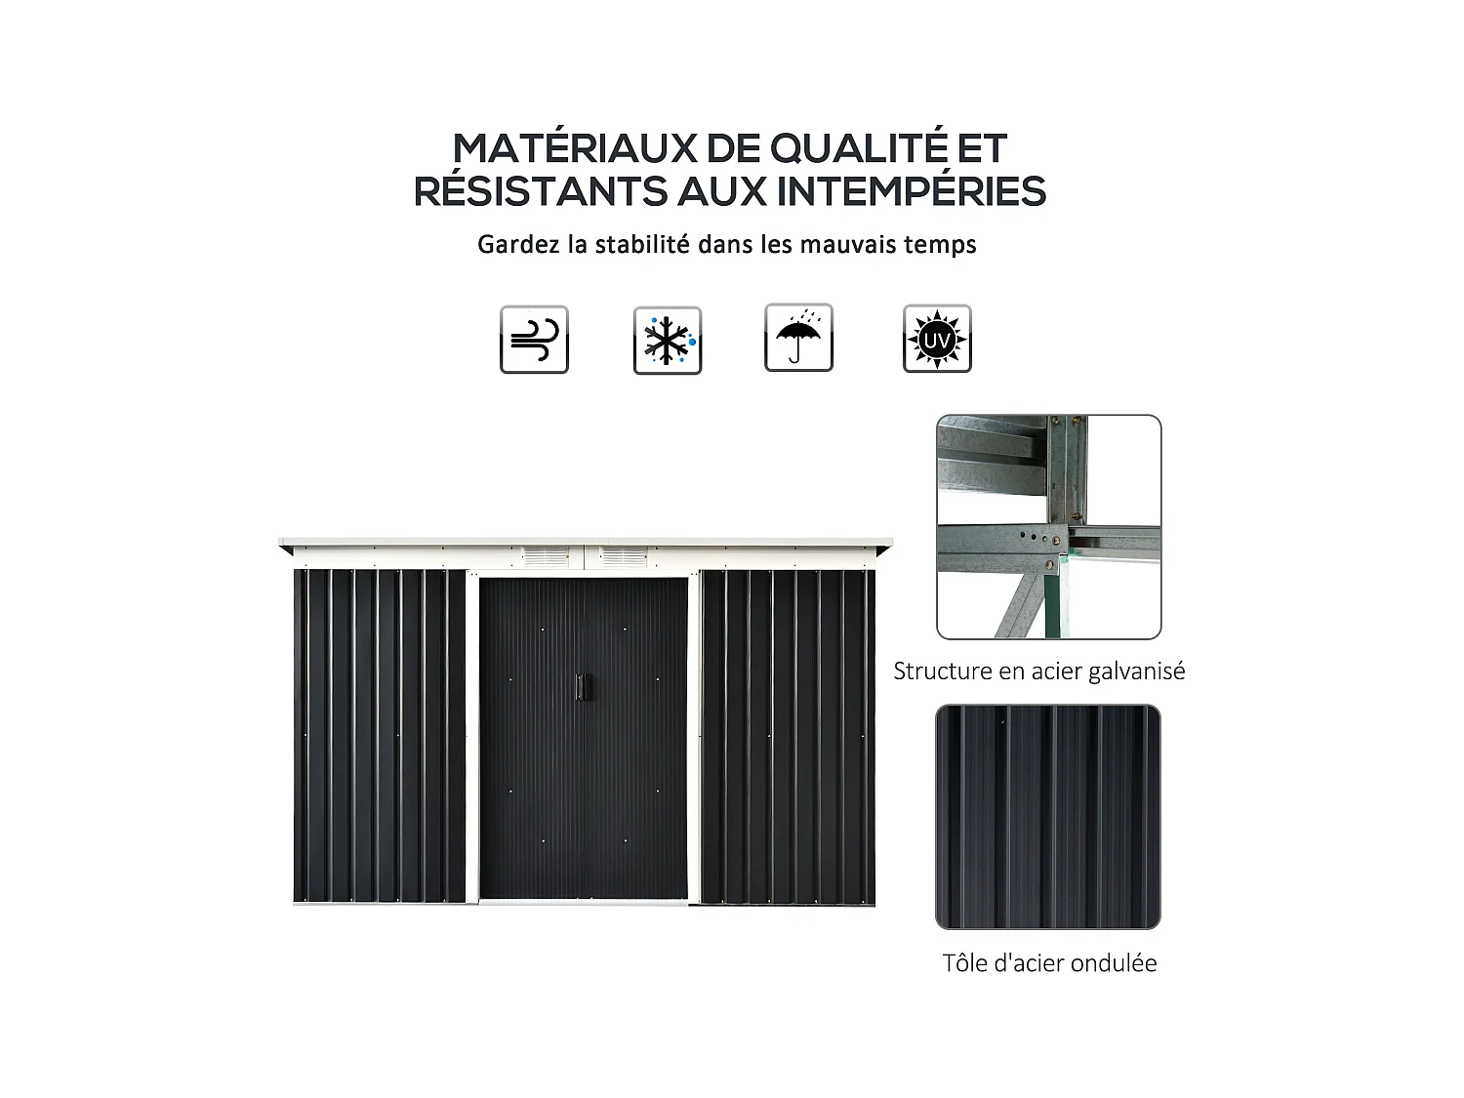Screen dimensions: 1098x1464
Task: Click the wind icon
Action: pyautogui.click(x=534, y=340)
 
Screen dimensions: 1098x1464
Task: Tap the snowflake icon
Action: pyautogui.click(x=668, y=340)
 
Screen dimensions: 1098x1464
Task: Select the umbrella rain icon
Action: pyautogui.click(x=798, y=338)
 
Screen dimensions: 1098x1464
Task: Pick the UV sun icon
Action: pyautogui.click(x=937, y=339)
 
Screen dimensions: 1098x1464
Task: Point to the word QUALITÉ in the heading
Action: pyautogui.click(x=859, y=148)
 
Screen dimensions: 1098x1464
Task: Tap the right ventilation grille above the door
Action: pyautogui.click(x=622, y=556)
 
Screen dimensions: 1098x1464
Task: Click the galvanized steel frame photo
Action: pyautogui.click(x=1048, y=527)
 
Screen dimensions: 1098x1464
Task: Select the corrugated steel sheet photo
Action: pyautogui.click(x=1048, y=816)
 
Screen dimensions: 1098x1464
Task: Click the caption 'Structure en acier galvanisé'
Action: pyautogui.click(x=1038, y=671)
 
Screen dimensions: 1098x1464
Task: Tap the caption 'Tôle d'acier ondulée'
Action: pyautogui.click(x=1049, y=963)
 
